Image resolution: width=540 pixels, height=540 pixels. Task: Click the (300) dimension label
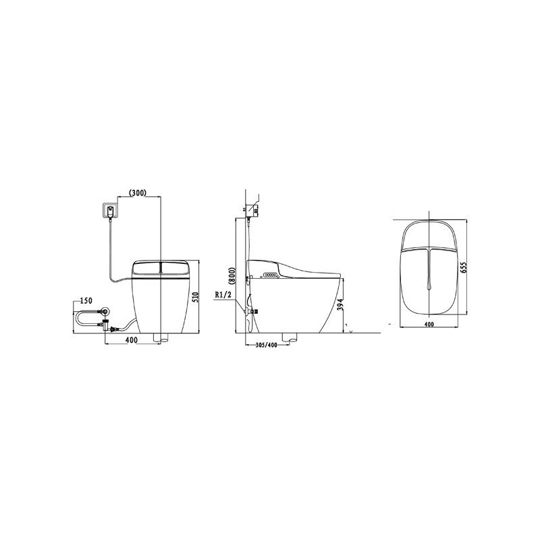point(138,192)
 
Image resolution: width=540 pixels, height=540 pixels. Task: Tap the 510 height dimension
point(196,297)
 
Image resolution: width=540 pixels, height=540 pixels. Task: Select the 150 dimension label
point(86,300)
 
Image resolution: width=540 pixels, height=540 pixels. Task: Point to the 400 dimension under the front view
point(131,340)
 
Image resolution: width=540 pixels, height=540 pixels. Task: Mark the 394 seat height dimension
point(340,304)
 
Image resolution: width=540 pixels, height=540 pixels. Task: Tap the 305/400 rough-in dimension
point(266,345)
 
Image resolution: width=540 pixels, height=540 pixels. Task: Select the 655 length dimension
point(463,267)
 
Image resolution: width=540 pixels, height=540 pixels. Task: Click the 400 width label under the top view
point(429,324)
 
